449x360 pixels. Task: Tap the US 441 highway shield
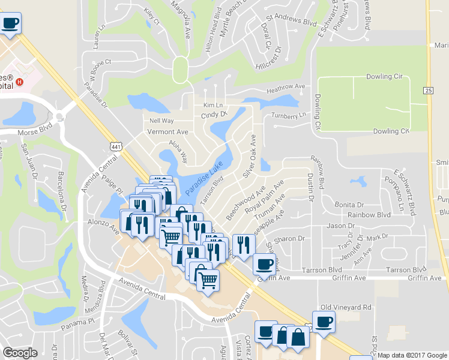115,145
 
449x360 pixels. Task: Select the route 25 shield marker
427,90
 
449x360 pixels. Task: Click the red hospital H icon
20,82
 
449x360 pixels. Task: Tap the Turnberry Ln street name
289,115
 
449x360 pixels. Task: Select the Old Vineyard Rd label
346,307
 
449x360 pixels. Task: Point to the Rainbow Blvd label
369,215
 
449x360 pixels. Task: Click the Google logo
20,353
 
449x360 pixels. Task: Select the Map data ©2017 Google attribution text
412,355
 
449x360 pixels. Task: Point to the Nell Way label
161,121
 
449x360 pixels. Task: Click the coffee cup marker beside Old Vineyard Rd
324,322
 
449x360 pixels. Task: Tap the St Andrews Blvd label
292,21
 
